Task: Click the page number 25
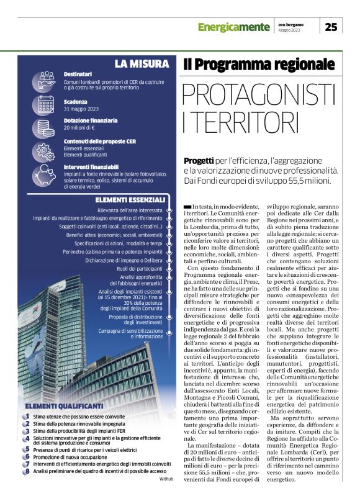(x=331, y=26)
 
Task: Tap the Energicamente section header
(x=233, y=27)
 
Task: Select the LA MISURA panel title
(x=142, y=63)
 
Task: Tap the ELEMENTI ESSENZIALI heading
(x=130, y=200)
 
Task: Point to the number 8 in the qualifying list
(x=27, y=471)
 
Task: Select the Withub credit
(x=166, y=480)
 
